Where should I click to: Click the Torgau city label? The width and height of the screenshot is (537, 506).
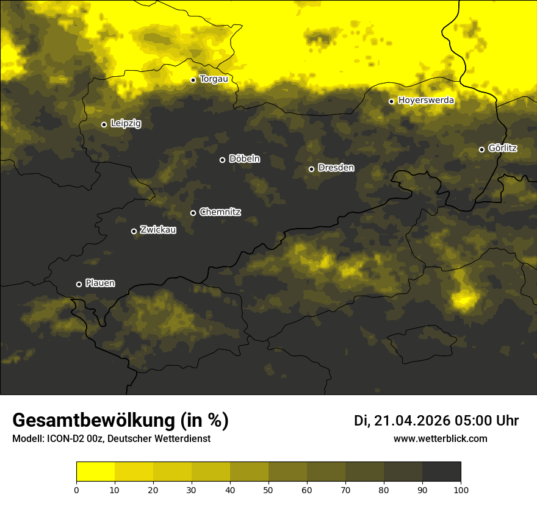tap(214, 79)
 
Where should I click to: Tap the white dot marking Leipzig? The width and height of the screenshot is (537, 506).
tap(104, 124)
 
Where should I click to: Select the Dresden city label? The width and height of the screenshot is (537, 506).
tap(336, 168)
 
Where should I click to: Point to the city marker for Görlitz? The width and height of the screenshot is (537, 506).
tap(481, 149)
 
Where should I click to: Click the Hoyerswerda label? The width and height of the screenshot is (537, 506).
tap(426, 100)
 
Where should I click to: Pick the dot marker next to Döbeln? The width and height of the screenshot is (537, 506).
tap(222, 160)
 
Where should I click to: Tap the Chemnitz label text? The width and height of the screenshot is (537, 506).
tap(220, 212)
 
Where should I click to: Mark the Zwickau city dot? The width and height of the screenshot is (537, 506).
tap(134, 231)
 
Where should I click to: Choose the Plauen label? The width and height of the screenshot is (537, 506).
tap(100, 283)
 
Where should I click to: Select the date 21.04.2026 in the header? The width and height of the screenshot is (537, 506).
tap(412, 421)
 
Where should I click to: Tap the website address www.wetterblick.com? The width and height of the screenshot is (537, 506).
tap(441, 438)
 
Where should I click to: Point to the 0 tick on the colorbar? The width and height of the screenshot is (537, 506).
tap(76, 490)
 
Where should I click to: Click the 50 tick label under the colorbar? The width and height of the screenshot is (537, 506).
tap(268, 490)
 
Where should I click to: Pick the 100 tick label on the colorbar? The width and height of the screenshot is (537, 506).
tap(461, 490)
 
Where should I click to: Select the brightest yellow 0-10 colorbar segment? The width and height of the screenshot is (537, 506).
tap(95, 472)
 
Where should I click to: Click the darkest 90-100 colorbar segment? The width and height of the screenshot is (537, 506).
tap(441, 472)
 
